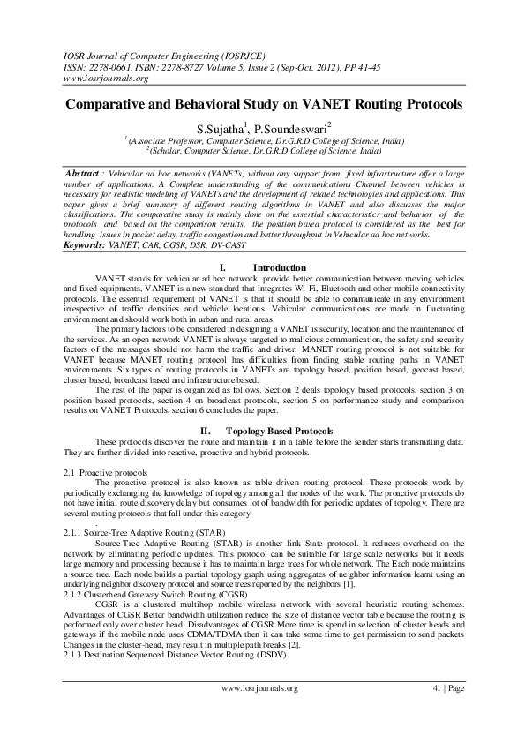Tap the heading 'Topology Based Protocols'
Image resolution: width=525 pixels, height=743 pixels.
point(280,430)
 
